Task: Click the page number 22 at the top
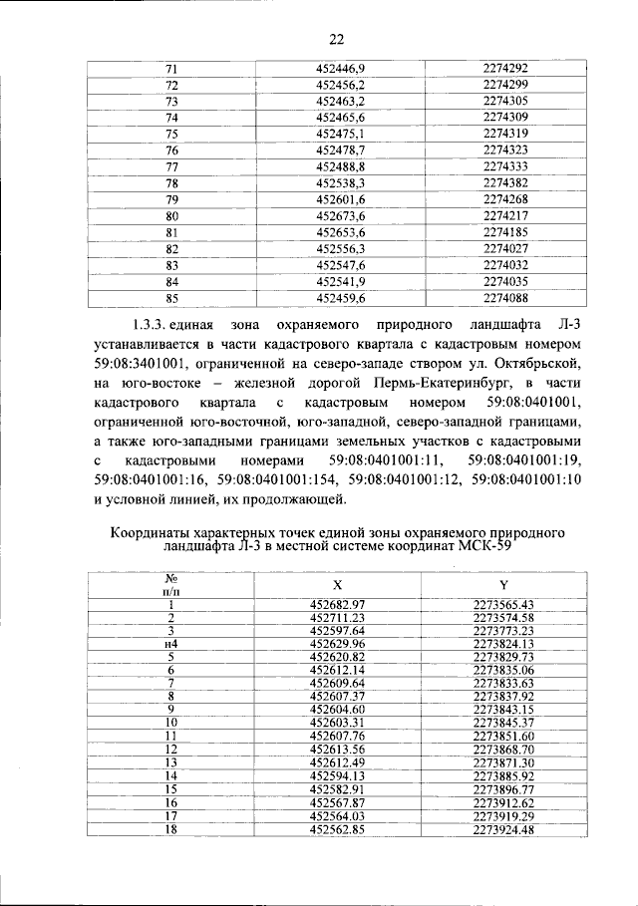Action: [x=336, y=39]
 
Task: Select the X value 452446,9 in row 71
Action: [x=341, y=69]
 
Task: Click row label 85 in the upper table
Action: [x=171, y=297]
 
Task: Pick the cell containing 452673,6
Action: [x=341, y=215]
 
